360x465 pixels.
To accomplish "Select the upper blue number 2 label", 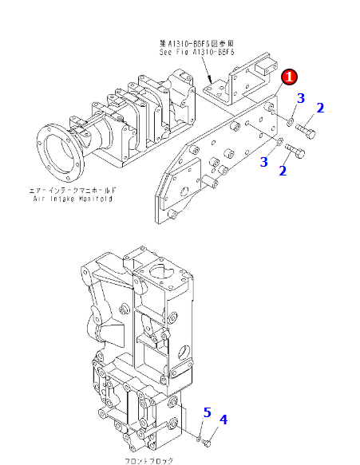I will coord(320,108).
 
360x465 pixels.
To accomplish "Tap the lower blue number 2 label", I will coord(282,170).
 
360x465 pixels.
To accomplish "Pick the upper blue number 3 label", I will coord(301,98).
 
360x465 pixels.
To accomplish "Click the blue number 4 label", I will coord(224,420).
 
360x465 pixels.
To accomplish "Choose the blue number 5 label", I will coord(207,412).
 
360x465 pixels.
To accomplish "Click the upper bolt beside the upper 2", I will coord(305,128).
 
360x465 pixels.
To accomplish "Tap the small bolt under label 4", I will coord(207,439).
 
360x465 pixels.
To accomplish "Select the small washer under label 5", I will coord(197,435).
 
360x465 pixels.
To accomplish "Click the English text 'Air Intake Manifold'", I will coord(73,199).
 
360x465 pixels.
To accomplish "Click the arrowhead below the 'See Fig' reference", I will coord(209,81).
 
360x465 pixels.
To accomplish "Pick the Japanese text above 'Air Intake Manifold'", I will coord(73,191).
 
